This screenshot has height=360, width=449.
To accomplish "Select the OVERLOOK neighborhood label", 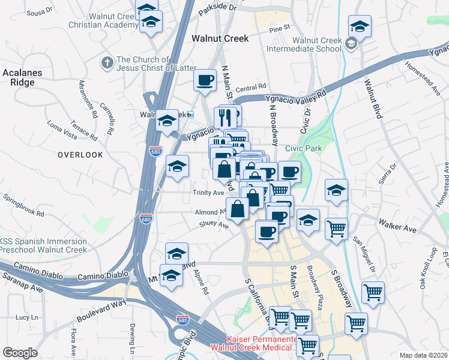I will tap(80, 155).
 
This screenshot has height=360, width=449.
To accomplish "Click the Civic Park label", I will tap(303, 148).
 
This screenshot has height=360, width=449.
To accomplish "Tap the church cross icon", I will tap(107, 62).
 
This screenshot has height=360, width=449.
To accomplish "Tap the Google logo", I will tap(20, 352).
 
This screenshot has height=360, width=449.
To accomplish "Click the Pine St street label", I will tap(280, 28).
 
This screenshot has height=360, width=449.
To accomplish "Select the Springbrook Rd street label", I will tap(23, 205).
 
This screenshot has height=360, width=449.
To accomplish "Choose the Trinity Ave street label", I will tap(208, 193).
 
